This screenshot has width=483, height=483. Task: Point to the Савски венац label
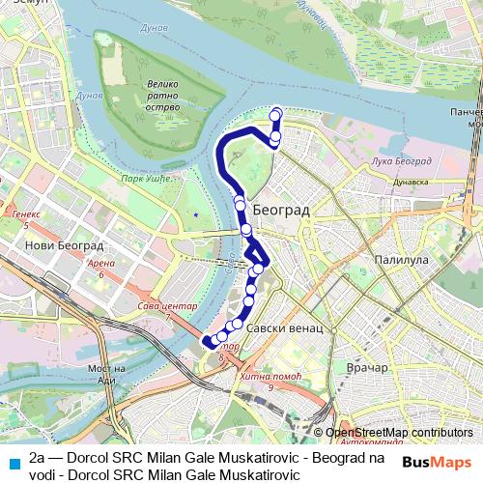coord(284,328)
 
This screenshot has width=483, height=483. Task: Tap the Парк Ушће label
coord(145,178)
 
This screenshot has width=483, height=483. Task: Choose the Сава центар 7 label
coord(169,310)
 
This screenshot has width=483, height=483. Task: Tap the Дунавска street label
coord(410,181)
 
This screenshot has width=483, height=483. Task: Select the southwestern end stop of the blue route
coord(207,341)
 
